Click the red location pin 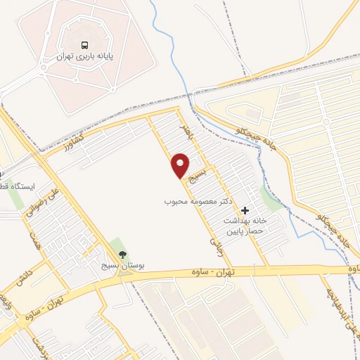tap(181, 165)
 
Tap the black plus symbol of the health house tap(245, 210)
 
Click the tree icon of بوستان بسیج tap(124, 255)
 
